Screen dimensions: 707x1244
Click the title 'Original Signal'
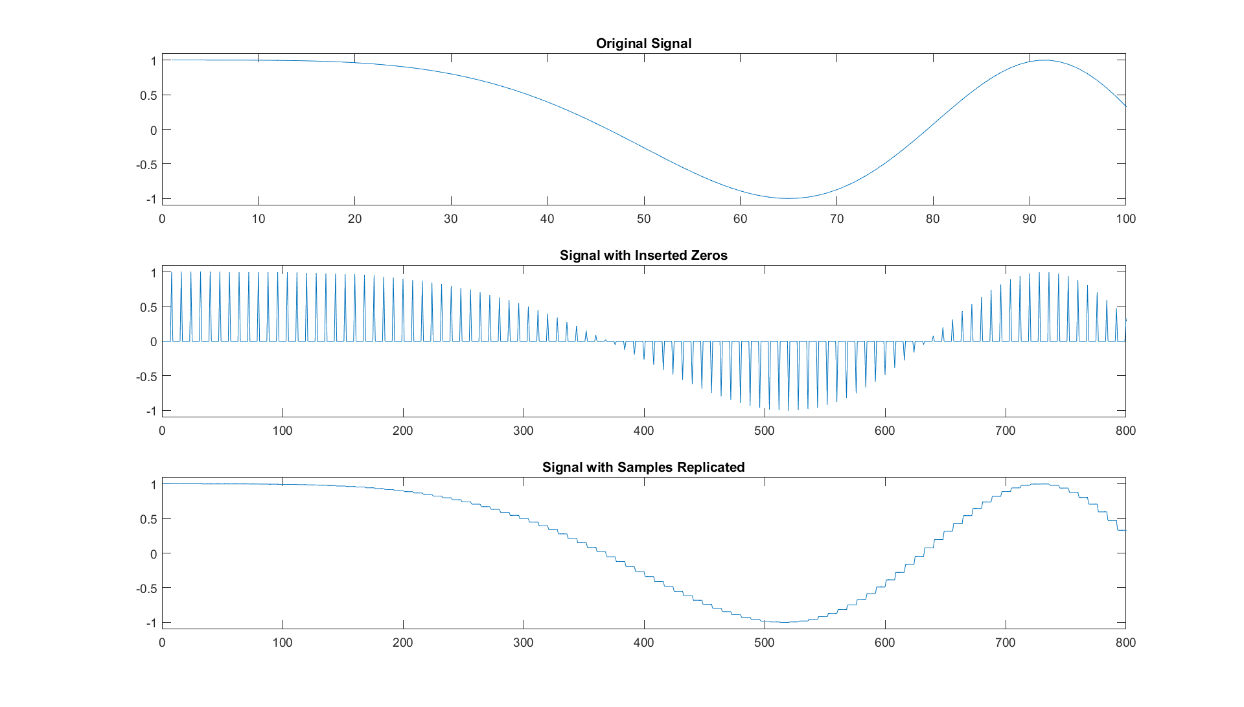point(643,43)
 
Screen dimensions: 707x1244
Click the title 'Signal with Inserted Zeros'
point(643,255)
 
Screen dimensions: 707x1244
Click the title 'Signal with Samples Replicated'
point(643,467)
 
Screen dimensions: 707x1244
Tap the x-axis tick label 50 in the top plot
point(643,219)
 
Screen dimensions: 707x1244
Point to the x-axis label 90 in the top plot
point(1029,219)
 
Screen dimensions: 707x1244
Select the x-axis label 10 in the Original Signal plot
point(259,219)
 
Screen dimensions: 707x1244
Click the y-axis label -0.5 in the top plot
point(146,165)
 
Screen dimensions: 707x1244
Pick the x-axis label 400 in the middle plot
point(643,431)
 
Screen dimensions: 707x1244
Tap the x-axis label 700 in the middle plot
point(1005,431)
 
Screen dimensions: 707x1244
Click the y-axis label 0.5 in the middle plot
point(148,307)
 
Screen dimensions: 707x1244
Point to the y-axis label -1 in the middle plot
point(150,411)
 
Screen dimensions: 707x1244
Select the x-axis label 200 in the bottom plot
point(402,643)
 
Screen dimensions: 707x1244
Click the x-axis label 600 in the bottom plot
point(884,643)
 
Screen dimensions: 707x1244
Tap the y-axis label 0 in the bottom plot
point(154,554)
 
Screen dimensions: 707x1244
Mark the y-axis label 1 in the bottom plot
point(154,485)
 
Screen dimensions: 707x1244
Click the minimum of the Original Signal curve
point(788,198)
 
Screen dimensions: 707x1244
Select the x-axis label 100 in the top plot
point(1125,219)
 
